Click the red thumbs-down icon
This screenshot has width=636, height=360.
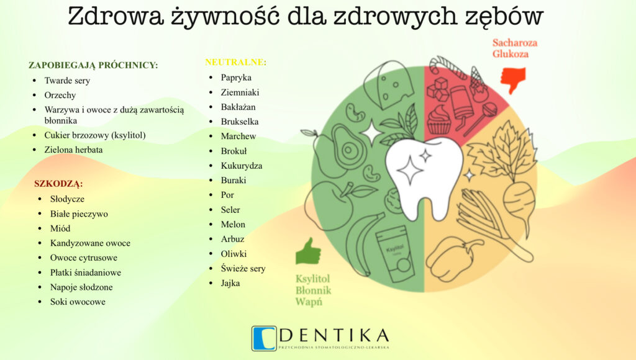512,80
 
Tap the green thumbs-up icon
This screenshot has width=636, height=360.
308,251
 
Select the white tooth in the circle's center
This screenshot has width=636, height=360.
424,176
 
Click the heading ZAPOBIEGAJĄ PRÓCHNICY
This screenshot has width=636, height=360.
93,65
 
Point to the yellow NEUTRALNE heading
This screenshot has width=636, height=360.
235,63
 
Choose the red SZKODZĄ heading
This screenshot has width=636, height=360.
58,184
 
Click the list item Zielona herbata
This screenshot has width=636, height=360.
73,150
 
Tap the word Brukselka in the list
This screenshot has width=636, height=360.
240,122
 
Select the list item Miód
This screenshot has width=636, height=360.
60,228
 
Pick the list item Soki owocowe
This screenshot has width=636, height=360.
78,302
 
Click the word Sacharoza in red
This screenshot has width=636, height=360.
515,43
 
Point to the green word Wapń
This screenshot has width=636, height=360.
309,302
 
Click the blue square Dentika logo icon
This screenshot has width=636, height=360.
264,338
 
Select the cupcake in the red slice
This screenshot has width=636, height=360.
438,120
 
